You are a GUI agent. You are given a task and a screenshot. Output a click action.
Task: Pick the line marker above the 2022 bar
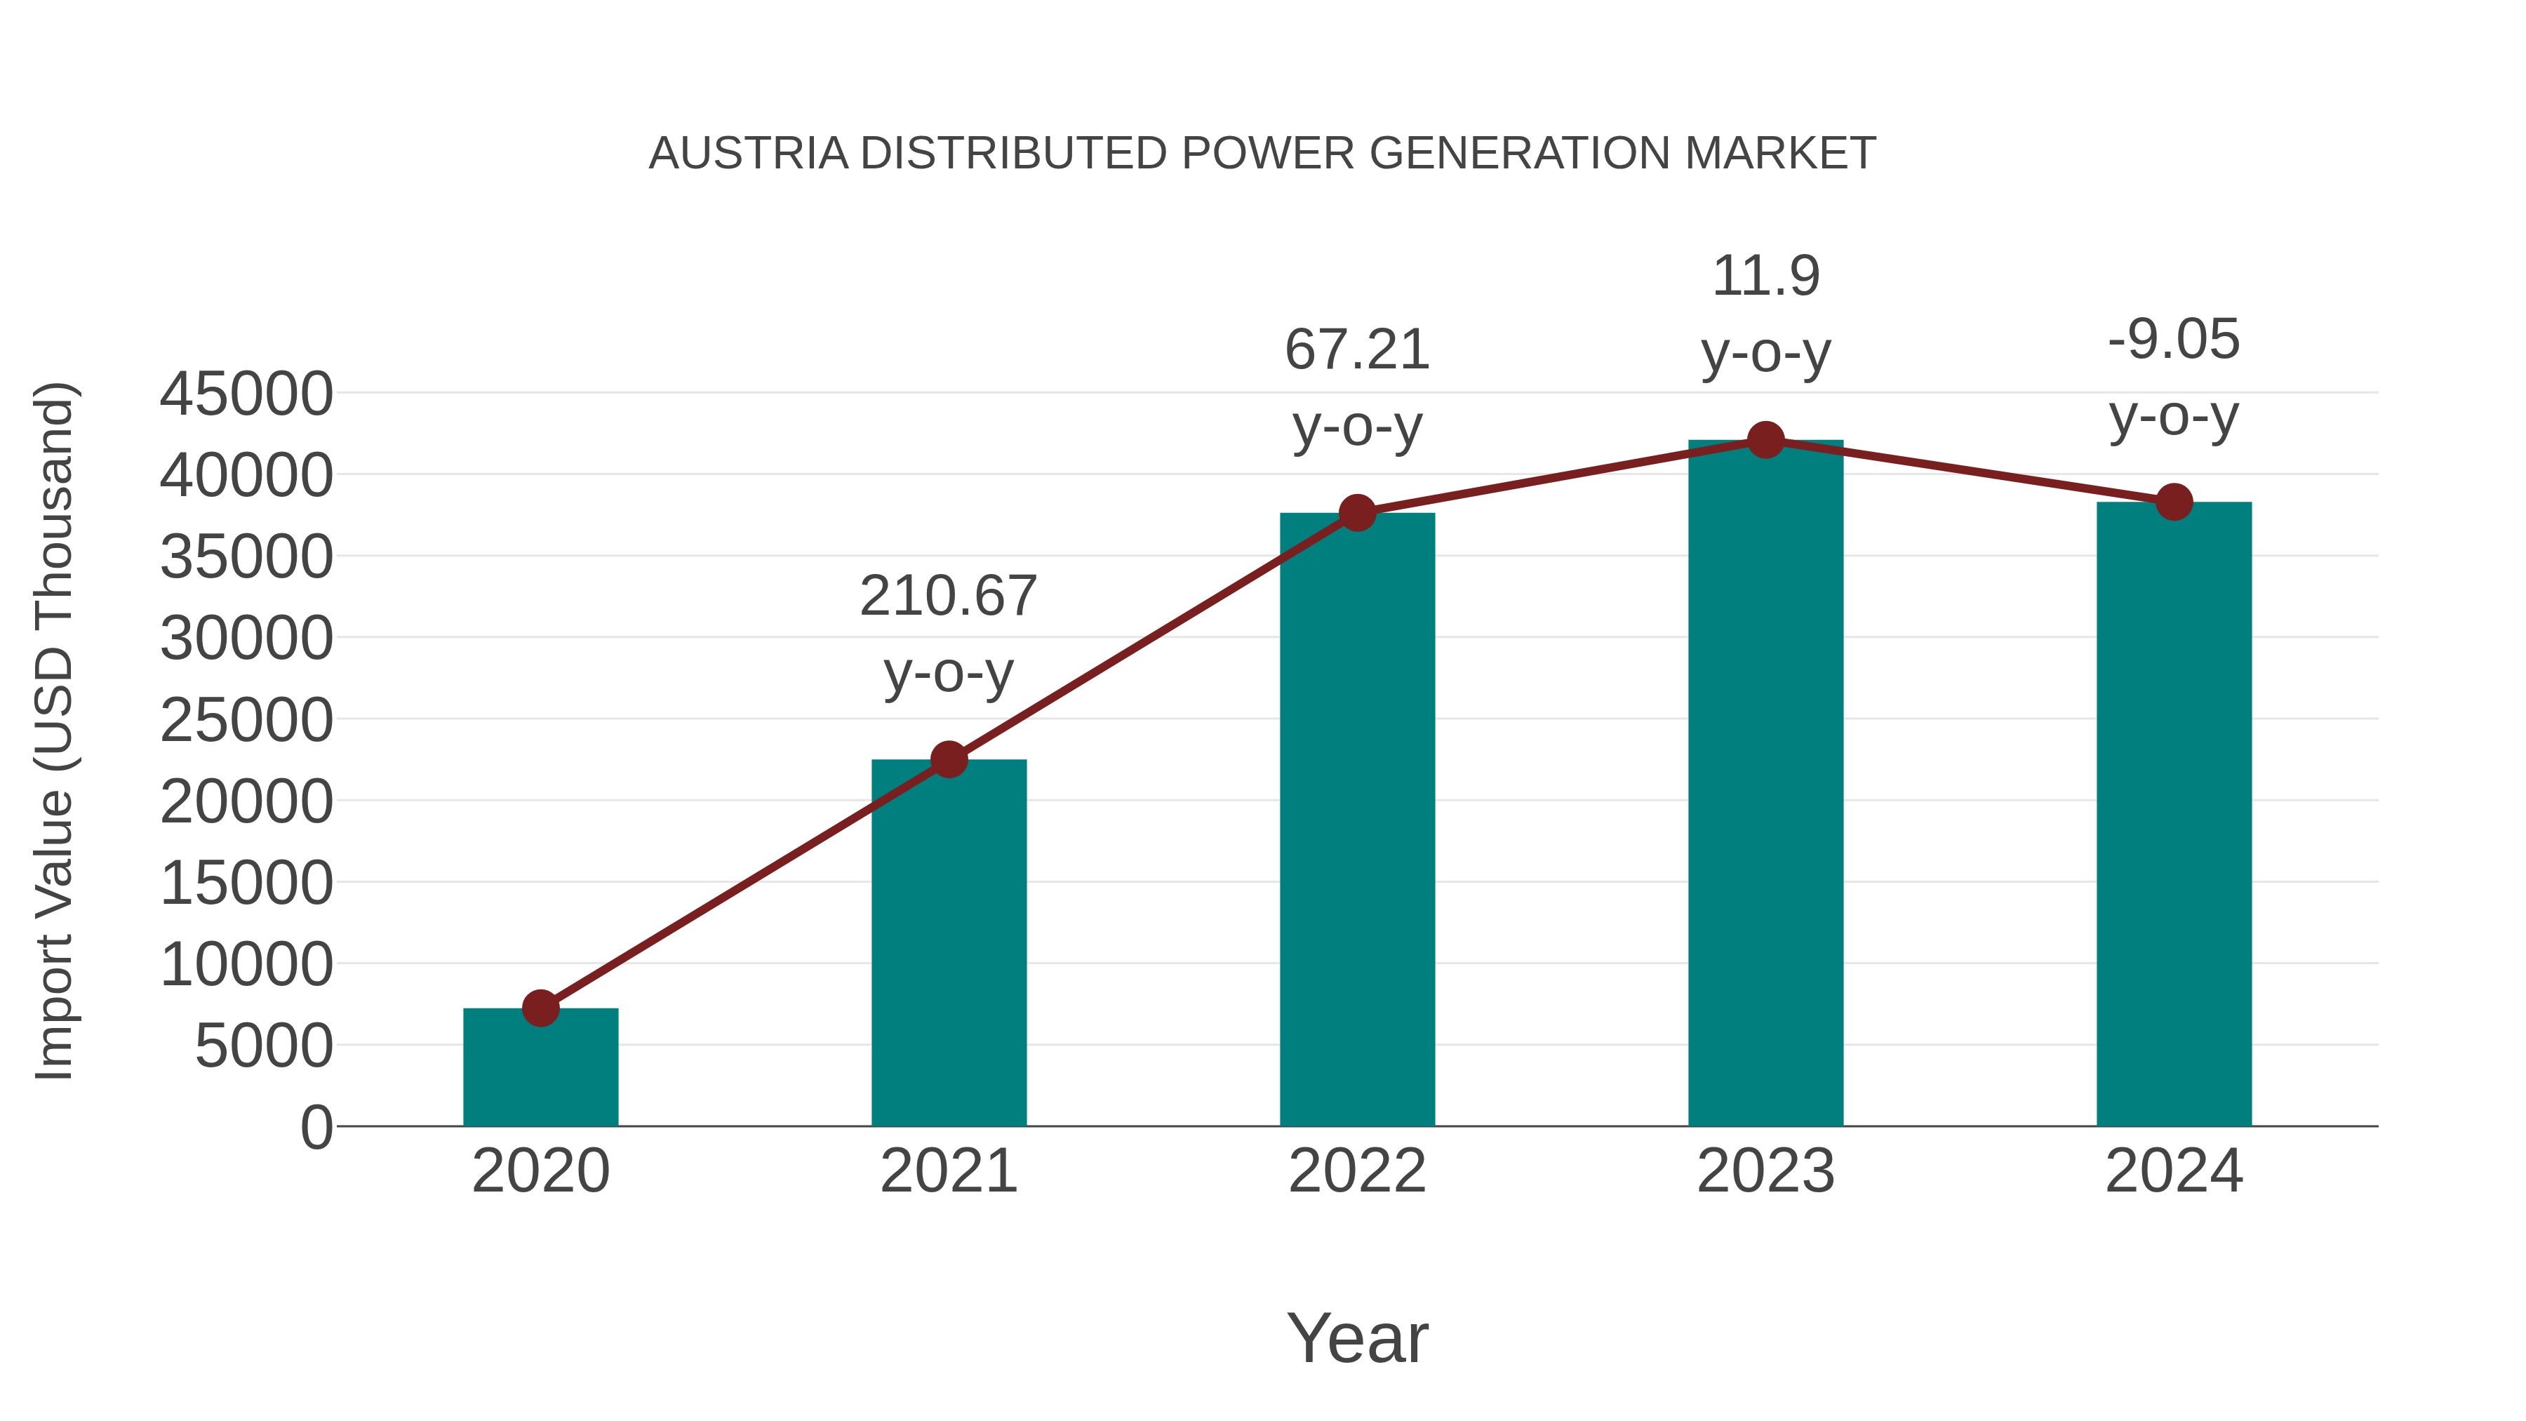(1357, 513)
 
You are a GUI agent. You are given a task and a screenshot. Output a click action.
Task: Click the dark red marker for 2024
(2174, 502)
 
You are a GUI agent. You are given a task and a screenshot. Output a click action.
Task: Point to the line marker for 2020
(540, 1008)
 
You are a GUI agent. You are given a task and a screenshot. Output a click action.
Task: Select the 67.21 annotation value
(1357, 350)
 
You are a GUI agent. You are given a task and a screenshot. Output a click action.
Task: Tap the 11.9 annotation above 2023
(1765, 276)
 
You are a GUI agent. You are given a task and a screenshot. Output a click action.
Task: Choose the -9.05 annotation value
(2174, 340)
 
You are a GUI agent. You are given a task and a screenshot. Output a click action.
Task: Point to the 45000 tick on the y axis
(246, 394)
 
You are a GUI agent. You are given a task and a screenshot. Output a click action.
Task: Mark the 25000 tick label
(246, 721)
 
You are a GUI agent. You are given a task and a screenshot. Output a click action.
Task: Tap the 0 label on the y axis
(316, 1128)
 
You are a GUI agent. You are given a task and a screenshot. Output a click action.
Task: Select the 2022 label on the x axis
(1357, 1171)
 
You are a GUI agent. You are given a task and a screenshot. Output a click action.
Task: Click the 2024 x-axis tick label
(2174, 1171)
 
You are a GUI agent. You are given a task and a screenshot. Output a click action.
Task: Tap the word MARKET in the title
(1779, 154)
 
